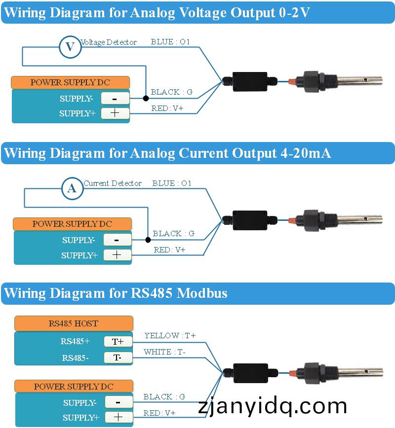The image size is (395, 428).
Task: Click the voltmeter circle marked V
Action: click(x=70, y=47)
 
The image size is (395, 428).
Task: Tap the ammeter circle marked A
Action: click(x=72, y=188)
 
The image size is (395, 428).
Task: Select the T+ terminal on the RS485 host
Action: click(x=118, y=341)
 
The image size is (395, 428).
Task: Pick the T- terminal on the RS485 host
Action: click(x=118, y=357)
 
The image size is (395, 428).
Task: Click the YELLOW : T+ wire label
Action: click(x=170, y=336)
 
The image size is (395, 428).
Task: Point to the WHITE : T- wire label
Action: click(x=164, y=352)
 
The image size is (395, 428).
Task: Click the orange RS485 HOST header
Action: click(x=74, y=323)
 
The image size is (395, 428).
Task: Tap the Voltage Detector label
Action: click(x=109, y=42)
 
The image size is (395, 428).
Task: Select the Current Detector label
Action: click(x=113, y=183)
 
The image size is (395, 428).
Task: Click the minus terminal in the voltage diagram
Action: click(x=115, y=99)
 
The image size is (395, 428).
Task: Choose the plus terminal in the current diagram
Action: click(x=117, y=255)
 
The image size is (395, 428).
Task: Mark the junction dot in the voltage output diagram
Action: click(x=146, y=99)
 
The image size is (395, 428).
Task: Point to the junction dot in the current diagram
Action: click(x=148, y=240)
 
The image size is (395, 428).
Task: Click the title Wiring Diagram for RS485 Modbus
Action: click(x=116, y=293)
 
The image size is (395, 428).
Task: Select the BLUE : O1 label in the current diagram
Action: click(x=171, y=183)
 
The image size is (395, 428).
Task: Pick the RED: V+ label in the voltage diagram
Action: click(x=167, y=108)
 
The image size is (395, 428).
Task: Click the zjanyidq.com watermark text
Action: click(x=273, y=406)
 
